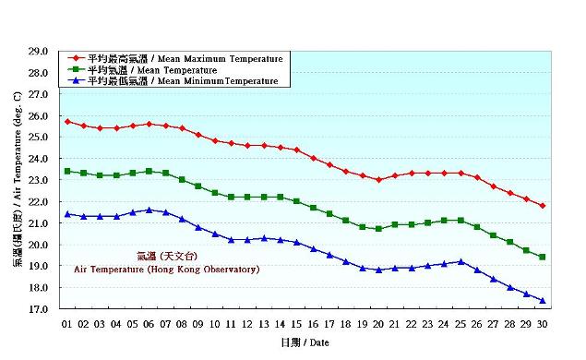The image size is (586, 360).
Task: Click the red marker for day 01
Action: pos(67,122)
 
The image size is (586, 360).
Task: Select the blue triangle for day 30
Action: pos(542,301)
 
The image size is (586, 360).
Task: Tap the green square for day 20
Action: pos(378,228)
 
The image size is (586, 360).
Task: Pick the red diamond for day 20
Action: pos(378,180)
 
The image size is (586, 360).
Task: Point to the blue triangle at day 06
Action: pos(149,210)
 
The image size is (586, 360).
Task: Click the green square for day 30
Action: pos(542,257)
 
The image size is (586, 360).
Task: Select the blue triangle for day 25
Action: pos(460,261)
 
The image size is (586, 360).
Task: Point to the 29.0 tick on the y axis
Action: pos(38,52)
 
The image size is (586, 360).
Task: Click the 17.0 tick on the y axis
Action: pos(38,310)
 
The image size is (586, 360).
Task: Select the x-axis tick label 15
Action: pos(296,324)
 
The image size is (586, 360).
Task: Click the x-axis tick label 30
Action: pos(542,324)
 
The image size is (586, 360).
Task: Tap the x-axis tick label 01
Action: pos(67,324)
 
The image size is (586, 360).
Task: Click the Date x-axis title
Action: pos(304,342)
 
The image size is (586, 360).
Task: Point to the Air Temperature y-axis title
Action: pos(18,181)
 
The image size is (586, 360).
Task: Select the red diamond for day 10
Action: pos(215,141)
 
